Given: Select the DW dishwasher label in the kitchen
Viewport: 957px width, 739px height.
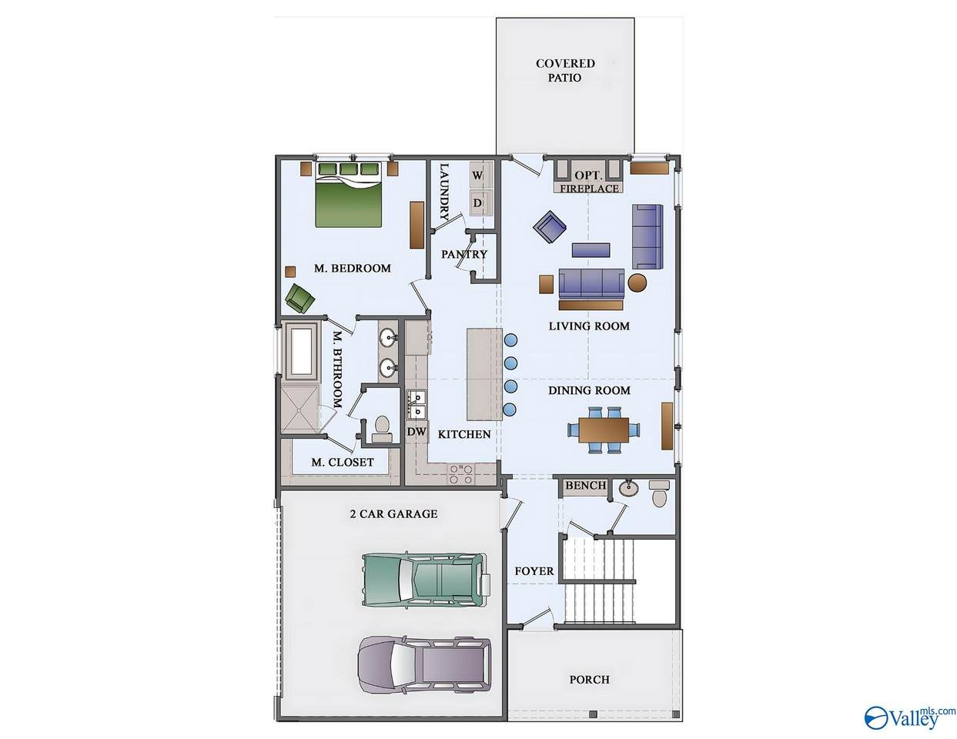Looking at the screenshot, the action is pos(417,432).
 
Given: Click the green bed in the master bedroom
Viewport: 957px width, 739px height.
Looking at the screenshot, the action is pos(348,194).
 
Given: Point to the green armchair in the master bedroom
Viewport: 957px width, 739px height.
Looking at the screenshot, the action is pos(300,299).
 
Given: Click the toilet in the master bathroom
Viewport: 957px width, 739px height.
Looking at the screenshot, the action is pos(381,429).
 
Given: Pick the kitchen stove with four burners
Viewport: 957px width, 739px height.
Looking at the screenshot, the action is pos(460,474).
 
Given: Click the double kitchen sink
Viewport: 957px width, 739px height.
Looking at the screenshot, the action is pos(417,404).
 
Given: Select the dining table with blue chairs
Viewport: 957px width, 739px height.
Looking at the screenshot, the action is pos(604,430).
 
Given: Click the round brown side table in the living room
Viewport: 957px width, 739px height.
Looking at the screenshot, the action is pos(637,283).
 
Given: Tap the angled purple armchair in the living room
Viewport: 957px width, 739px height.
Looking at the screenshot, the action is pos(550,226).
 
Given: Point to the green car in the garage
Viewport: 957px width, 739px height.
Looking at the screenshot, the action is pos(426,580).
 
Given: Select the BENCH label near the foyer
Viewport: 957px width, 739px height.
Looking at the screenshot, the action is pos(586,485).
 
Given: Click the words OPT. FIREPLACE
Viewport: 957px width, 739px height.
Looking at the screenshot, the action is pos(589,182).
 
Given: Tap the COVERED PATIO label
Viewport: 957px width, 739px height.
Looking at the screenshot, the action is pos(565,70).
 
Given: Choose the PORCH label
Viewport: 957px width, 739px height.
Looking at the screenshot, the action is pos(589,680).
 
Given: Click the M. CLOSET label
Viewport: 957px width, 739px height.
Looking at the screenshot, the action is pos(342,462).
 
